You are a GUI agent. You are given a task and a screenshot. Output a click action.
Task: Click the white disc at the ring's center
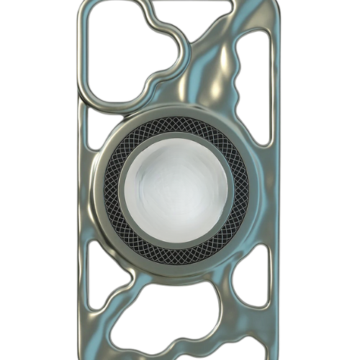tap(176, 190)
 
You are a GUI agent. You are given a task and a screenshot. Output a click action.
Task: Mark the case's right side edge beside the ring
tap(276, 191)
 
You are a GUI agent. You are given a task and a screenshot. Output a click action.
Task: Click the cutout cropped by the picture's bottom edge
tap(180, 356)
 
